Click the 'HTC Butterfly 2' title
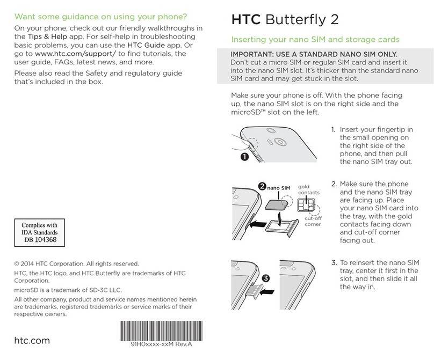pyautogui.click(x=285, y=20)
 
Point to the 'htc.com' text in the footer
pyautogui.click(x=32, y=340)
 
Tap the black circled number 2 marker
pyautogui.click(x=262, y=187)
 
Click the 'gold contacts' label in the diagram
pyautogui.click(x=308, y=188)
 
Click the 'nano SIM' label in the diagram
pyautogui.click(x=279, y=188)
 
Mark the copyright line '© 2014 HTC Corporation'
pyautogui.click(x=76, y=263)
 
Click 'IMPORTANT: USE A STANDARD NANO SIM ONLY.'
pyautogui.click(x=314, y=55)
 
